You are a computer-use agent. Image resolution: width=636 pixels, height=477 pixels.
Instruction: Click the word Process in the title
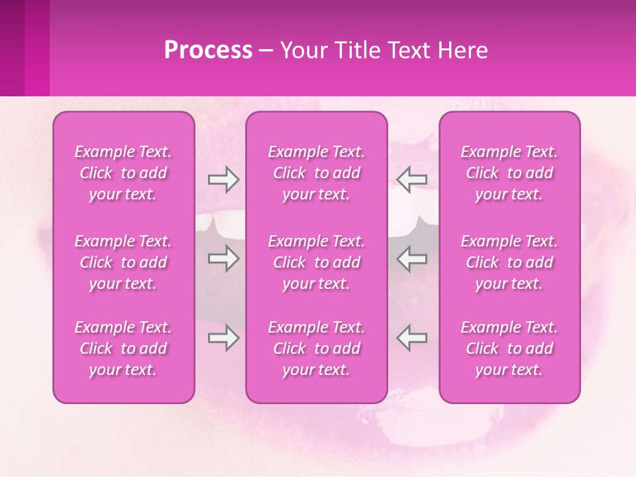pos(208,50)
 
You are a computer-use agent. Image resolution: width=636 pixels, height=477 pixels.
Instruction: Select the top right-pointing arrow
pos(223,180)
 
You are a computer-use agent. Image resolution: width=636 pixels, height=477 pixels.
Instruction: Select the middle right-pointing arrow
pos(223,258)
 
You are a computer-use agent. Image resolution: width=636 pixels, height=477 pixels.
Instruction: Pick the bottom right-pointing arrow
pos(223,338)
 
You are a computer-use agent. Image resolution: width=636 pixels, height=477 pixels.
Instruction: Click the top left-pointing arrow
pos(412,180)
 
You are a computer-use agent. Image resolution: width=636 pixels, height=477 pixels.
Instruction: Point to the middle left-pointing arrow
pos(412,258)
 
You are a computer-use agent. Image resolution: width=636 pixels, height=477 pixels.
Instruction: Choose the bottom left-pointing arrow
pos(412,338)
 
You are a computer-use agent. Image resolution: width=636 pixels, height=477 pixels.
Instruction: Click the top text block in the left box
pos(123,173)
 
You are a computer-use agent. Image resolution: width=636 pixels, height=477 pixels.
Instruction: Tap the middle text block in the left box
pos(123,262)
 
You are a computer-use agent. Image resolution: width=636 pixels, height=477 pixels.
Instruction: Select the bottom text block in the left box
pos(123,348)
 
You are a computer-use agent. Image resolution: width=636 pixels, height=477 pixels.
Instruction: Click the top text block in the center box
pos(317,173)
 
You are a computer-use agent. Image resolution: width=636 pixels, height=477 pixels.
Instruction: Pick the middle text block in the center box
pos(317,262)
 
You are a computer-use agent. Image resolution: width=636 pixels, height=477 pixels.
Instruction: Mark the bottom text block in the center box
pos(317,348)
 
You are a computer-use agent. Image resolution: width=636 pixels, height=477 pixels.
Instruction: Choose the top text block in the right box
pos(509,173)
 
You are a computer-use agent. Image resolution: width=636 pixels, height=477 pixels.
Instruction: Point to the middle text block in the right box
pos(509,262)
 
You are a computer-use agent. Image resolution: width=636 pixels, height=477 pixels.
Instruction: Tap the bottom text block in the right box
pos(509,348)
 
